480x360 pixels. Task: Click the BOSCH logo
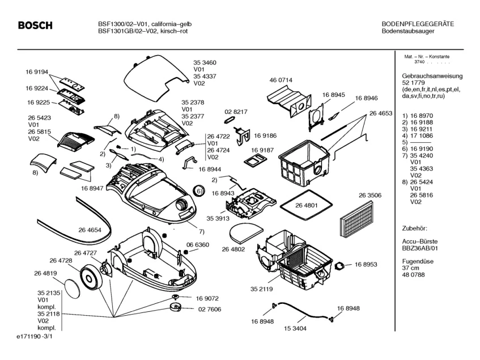coord(35,26)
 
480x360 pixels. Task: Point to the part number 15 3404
coord(303,328)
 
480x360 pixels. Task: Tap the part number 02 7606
coord(209,309)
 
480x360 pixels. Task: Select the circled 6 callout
coord(199,192)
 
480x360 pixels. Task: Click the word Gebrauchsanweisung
coord(432,76)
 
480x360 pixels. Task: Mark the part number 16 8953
coord(366,265)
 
